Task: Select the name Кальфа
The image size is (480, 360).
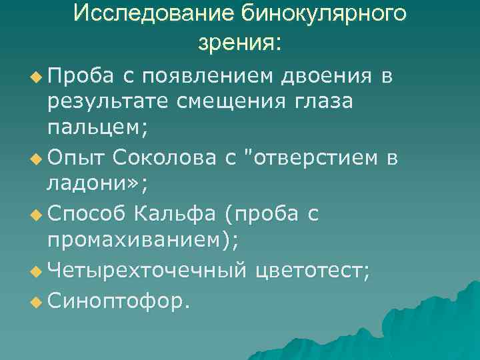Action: point(175,214)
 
